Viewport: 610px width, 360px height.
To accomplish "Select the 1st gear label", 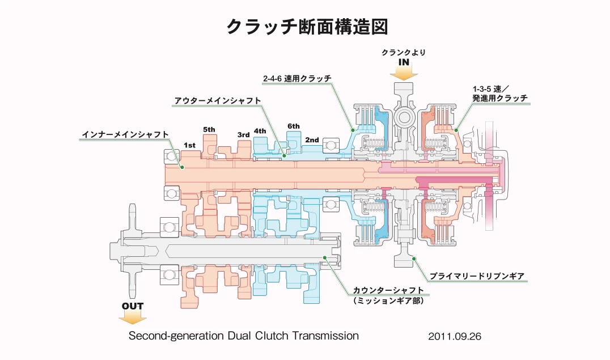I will tap(189, 145).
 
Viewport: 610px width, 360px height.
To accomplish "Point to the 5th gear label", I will tap(209, 129).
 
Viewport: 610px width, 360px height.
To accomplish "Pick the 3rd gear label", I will tap(243, 134).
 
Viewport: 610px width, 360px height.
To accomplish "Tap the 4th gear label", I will tap(260, 131).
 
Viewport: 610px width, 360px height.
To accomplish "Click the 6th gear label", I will tap(294, 126).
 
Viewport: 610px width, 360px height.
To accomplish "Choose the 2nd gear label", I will tap(312, 139).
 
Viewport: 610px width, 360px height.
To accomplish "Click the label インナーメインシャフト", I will tap(125, 134).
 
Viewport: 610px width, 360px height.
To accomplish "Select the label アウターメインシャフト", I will tap(218, 100).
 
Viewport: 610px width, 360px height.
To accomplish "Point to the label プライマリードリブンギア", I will tap(477, 276).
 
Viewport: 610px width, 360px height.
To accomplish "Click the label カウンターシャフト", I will tap(388, 290).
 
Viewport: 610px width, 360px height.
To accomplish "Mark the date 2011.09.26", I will tap(455, 336).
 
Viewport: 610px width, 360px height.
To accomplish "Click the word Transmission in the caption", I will tap(325, 335).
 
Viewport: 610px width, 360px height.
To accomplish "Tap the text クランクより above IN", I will tap(403, 52).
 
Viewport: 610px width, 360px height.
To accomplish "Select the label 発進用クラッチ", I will tap(499, 98).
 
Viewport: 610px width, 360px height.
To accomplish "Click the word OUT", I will tap(133, 306).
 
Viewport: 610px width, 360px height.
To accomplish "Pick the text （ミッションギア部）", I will tap(388, 300).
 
